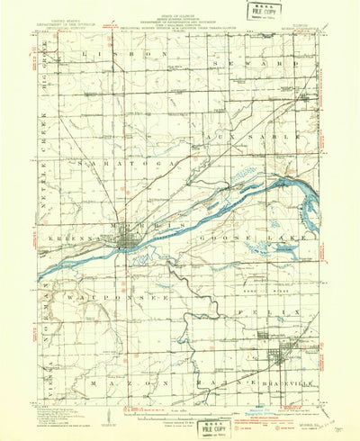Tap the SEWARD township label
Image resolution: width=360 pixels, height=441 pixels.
tap(271, 65)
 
